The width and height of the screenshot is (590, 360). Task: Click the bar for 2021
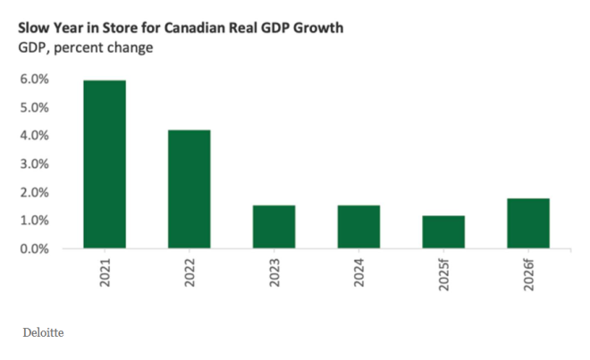[x=105, y=164]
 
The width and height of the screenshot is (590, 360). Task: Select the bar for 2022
[x=190, y=189]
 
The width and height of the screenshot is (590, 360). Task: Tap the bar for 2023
[x=274, y=227]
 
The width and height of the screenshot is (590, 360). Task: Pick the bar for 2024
[x=358, y=227]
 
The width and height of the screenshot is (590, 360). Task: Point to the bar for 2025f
[x=443, y=231]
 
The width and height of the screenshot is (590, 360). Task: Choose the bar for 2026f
[x=527, y=223]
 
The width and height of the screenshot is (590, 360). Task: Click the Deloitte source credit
[x=43, y=334]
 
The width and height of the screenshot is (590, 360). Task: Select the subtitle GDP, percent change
[x=85, y=47]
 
